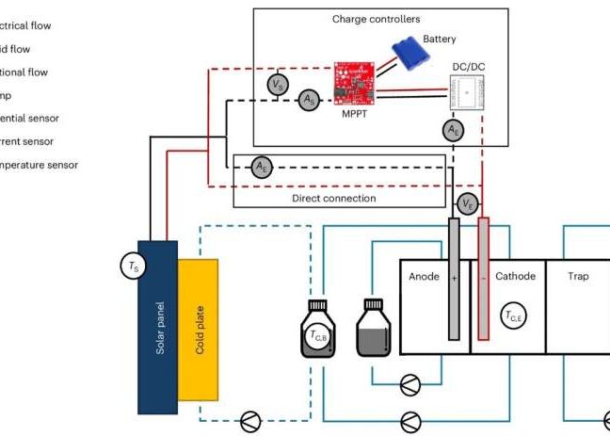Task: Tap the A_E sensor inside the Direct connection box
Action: [x=261, y=167]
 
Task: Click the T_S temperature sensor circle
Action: [x=132, y=267]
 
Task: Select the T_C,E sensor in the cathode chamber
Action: [x=514, y=317]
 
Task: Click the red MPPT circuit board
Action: [x=358, y=84]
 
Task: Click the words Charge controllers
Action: [x=377, y=19]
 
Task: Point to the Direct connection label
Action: [x=333, y=199]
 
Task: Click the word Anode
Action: [x=425, y=277]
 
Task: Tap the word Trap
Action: [x=579, y=277]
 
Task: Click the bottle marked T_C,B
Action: [x=318, y=331]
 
